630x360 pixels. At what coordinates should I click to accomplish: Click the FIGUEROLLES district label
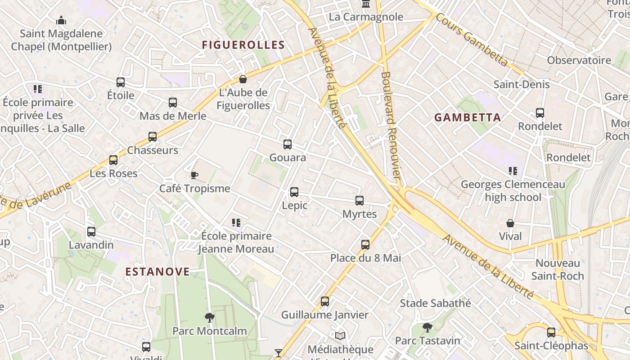(x=243, y=45)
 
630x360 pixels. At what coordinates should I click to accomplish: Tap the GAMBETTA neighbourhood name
(x=468, y=117)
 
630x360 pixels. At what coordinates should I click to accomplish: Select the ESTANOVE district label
(x=157, y=271)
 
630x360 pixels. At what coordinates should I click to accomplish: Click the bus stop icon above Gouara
(x=288, y=144)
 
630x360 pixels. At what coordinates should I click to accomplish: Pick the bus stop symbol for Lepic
(x=294, y=192)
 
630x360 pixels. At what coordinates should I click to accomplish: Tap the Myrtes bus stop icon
(x=360, y=201)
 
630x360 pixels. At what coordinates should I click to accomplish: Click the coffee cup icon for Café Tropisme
(x=194, y=175)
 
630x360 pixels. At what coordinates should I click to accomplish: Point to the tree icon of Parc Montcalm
(x=210, y=318)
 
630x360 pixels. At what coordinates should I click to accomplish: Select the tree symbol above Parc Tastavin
(x=427, y=327)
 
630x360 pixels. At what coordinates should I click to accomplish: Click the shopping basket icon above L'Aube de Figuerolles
(x=243, y=79)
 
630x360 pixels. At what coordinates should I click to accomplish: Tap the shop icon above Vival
(x=510, y=223)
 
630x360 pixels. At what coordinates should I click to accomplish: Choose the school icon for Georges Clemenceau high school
(x=513, y=171)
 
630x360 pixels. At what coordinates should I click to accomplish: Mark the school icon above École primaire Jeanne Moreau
(x=236, y=222)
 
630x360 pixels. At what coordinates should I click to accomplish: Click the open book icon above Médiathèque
(x=340, y=336)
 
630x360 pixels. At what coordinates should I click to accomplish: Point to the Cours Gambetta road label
(x=472, y=40)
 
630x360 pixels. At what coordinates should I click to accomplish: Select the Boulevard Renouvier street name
(x=391, y=126)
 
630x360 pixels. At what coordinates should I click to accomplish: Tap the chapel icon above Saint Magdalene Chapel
(x=61, y=20)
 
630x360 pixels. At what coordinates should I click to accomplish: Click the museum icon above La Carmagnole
(x=366, y=4)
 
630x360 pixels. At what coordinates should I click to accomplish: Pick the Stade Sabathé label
(x=436, y=303)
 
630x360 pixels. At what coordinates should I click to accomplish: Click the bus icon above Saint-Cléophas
(x=551, y=333)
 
